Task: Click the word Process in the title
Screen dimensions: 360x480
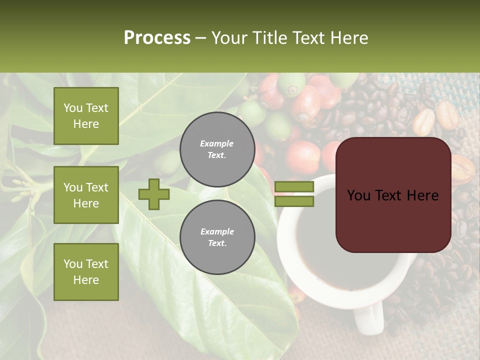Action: point(157,38)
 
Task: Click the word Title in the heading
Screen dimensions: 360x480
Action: point(270,38)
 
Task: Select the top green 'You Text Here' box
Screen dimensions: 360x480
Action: point(86,116)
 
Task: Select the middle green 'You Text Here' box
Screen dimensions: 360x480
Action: point(86,195)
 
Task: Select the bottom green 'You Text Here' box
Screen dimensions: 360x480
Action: point(86,272)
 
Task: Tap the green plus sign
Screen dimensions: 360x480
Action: point(154,194)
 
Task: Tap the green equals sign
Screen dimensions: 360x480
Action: point(294,194)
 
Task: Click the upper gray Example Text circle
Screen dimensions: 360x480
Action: point(217,149)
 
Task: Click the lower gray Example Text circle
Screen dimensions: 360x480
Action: point(217,237)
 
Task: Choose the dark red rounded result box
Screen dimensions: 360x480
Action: point(393,195)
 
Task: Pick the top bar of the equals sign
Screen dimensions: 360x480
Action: point(294,187)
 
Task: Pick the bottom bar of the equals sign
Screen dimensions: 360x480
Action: point(294,201)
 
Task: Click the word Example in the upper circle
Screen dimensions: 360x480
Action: point(217,143)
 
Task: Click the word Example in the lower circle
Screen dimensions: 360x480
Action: point(217,231)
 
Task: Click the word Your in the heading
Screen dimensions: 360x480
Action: point(230,38)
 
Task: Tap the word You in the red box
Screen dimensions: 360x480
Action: point(359,195)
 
